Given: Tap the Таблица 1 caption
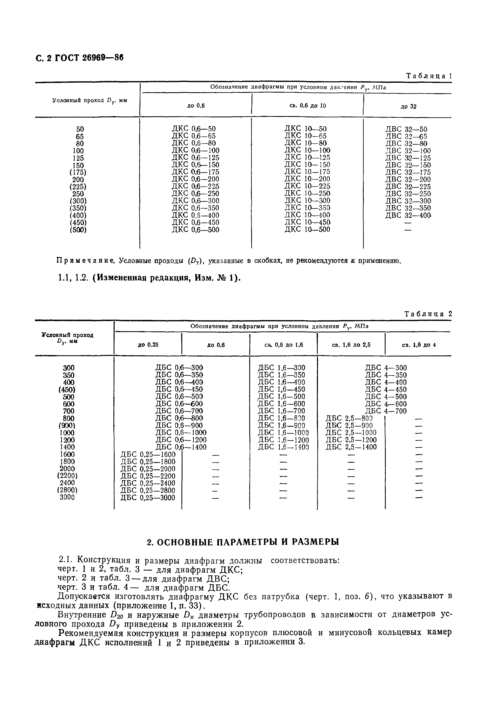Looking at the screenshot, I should click(428, 76).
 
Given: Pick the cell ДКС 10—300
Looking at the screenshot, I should click(307, 201).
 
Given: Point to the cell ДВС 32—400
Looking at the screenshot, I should click(408, 215).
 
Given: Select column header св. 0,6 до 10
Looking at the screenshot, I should click(307, 106).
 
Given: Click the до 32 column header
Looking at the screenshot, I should click(408, 107).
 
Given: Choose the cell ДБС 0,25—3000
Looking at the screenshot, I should click(148, 498).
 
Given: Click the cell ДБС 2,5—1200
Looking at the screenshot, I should click(351, 440).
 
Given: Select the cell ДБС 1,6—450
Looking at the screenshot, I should click(281, 389).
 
